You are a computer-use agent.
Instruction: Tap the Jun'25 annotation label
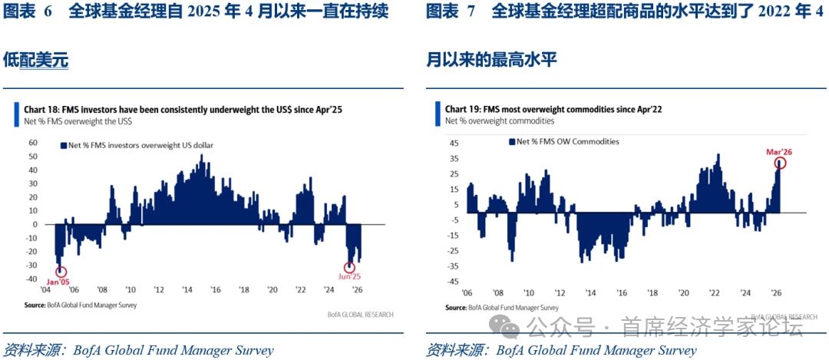point(351,277)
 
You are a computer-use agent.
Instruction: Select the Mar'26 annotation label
point(778,152)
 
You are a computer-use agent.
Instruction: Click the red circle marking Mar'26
point(781,163)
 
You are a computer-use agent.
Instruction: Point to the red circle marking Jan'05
point(61,271)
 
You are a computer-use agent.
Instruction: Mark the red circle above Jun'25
point(350,266)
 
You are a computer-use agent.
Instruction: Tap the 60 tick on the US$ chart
point(32,142)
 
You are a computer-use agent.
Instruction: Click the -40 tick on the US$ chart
point(31,266)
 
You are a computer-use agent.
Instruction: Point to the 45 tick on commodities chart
point(454,142)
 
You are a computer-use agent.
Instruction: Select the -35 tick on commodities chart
point(453,266)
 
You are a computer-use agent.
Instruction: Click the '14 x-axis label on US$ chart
point(187,290)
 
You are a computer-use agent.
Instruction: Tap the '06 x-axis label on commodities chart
point(466,293)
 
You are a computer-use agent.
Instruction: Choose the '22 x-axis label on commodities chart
point(715,293)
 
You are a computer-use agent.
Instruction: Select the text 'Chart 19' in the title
point(464,109)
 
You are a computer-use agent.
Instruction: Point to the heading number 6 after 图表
point(48,12)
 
